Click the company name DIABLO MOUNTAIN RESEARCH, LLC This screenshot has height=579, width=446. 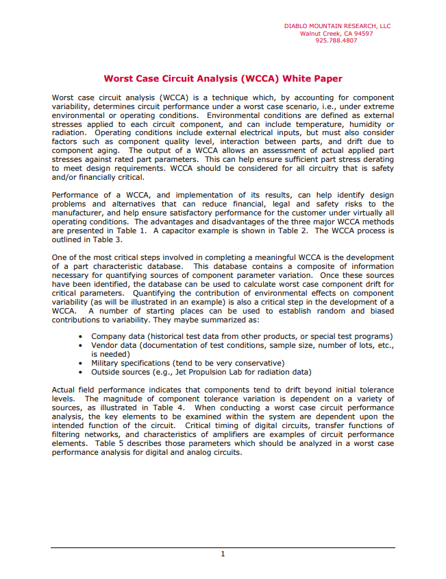click(x=337, y=26)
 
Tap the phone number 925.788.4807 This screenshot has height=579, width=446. click(x=336, y=40)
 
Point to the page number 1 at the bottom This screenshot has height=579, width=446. click(x=223, y=554)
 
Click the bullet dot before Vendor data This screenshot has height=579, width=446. click(x=82, y=345)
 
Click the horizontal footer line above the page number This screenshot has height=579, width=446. click(x=223, y=547)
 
